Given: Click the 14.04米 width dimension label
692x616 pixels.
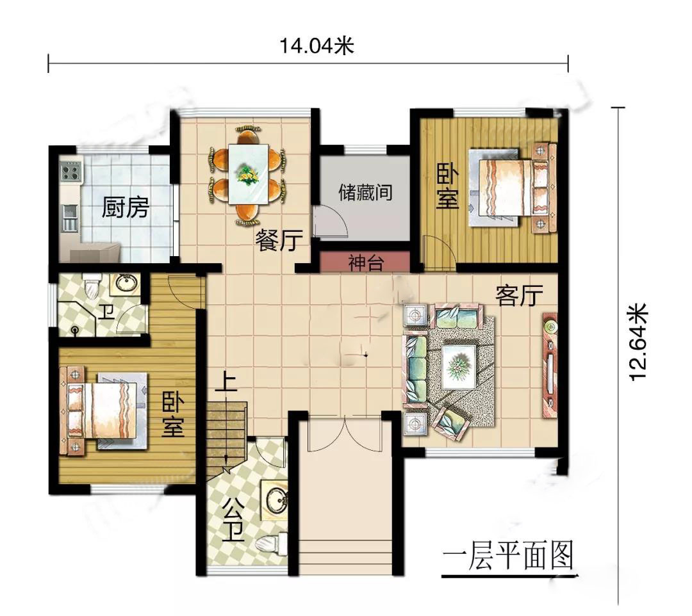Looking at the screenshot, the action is [x=317, y=45].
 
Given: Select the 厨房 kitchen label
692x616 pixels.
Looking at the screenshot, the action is [x=126, y=207].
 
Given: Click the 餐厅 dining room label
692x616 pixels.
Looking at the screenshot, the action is [x=279, y=240].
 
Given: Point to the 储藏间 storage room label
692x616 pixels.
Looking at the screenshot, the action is [x=365, y=192].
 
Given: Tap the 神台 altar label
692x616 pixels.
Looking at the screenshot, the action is [x=366, y=263].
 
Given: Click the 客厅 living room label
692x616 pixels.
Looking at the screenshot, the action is [x=519, y=295].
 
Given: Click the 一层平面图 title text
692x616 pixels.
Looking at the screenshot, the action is [x=508, y=556].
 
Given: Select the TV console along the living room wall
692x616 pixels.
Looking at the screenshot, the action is [x=550, y=365].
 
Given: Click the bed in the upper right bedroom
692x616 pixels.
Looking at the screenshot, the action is [x=512, y=186].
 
